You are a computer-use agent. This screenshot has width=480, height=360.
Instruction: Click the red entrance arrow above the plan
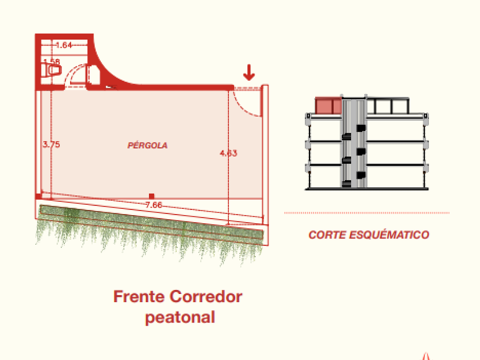click(249, 73)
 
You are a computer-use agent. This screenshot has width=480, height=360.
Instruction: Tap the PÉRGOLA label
click(147, 146)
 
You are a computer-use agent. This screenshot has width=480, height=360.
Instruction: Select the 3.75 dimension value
click(51, 145)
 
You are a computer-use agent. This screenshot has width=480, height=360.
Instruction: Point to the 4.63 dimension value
click(228, 153)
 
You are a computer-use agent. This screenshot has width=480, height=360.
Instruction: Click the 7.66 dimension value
click(154, 205)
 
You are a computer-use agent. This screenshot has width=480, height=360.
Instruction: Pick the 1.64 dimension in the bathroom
click(64, 45)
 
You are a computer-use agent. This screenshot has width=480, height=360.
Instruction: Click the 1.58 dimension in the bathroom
click(51, 61)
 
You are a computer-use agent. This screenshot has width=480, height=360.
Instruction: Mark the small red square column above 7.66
click(151, 196)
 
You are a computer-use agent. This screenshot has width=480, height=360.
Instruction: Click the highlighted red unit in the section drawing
click(329, 106)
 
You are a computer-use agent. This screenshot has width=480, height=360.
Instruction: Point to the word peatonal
click(180, 318)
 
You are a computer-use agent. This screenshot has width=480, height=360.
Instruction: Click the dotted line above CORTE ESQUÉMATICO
click(366, 213)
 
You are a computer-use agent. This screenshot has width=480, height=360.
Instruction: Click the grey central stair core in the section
click(353, 143)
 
